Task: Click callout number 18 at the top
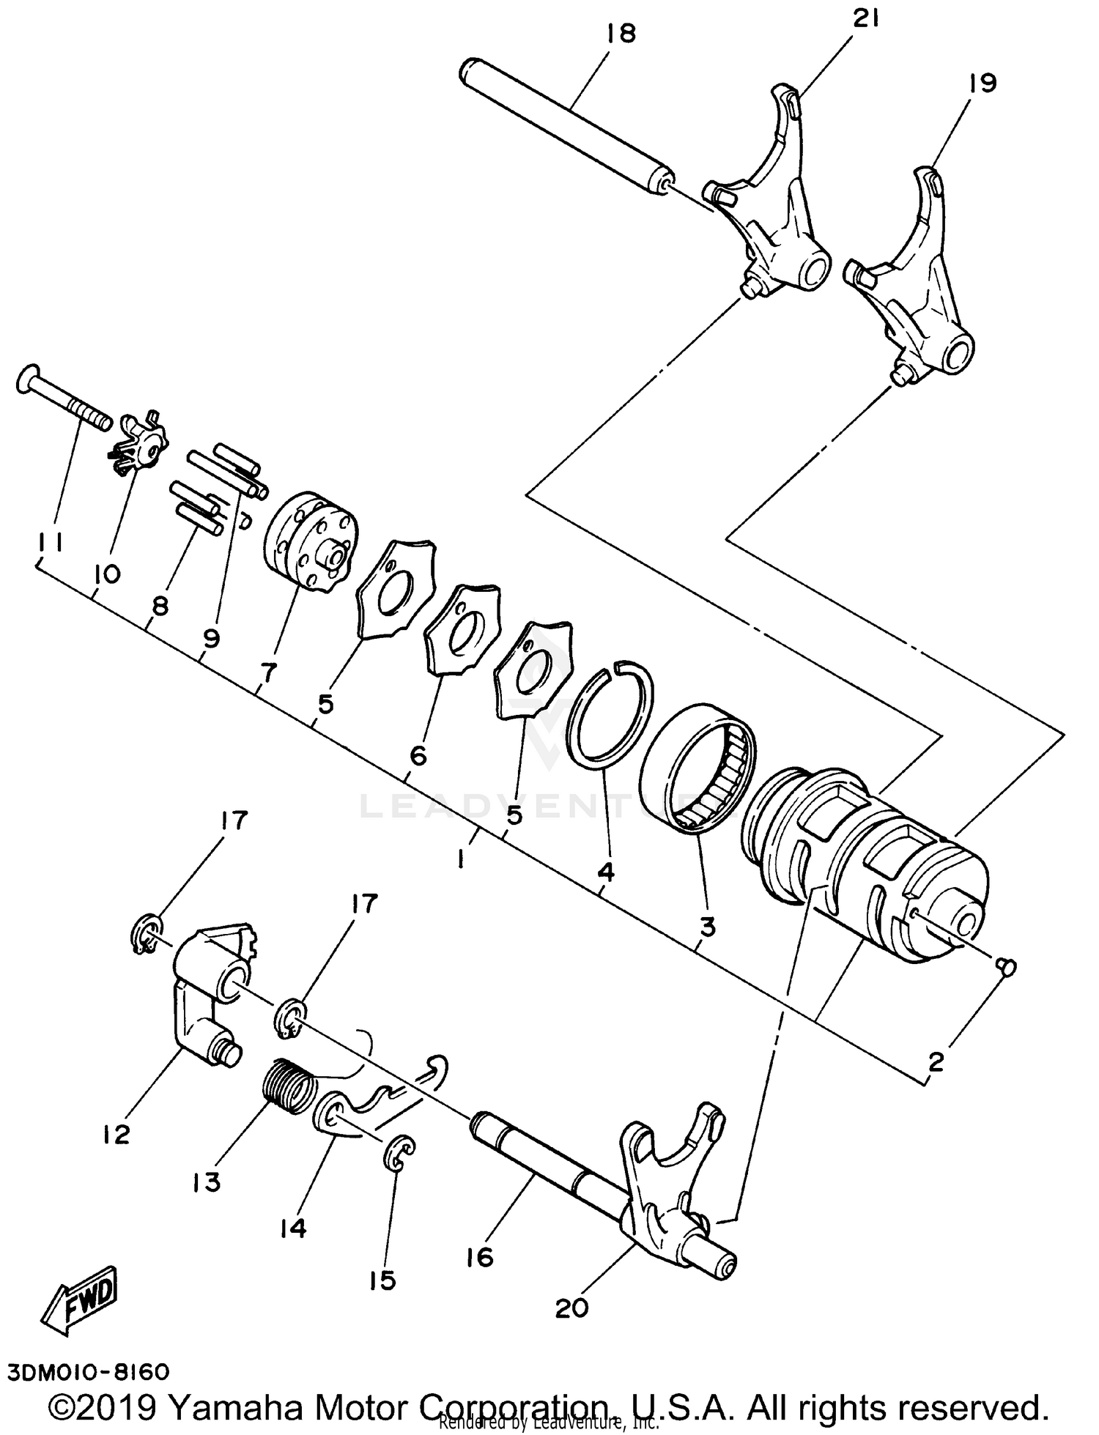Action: pos(621,34)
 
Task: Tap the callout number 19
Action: pos(982,84)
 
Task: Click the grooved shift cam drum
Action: pos(865,864)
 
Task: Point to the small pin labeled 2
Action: pos(1006,968)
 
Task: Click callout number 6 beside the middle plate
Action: pos(418,755)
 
